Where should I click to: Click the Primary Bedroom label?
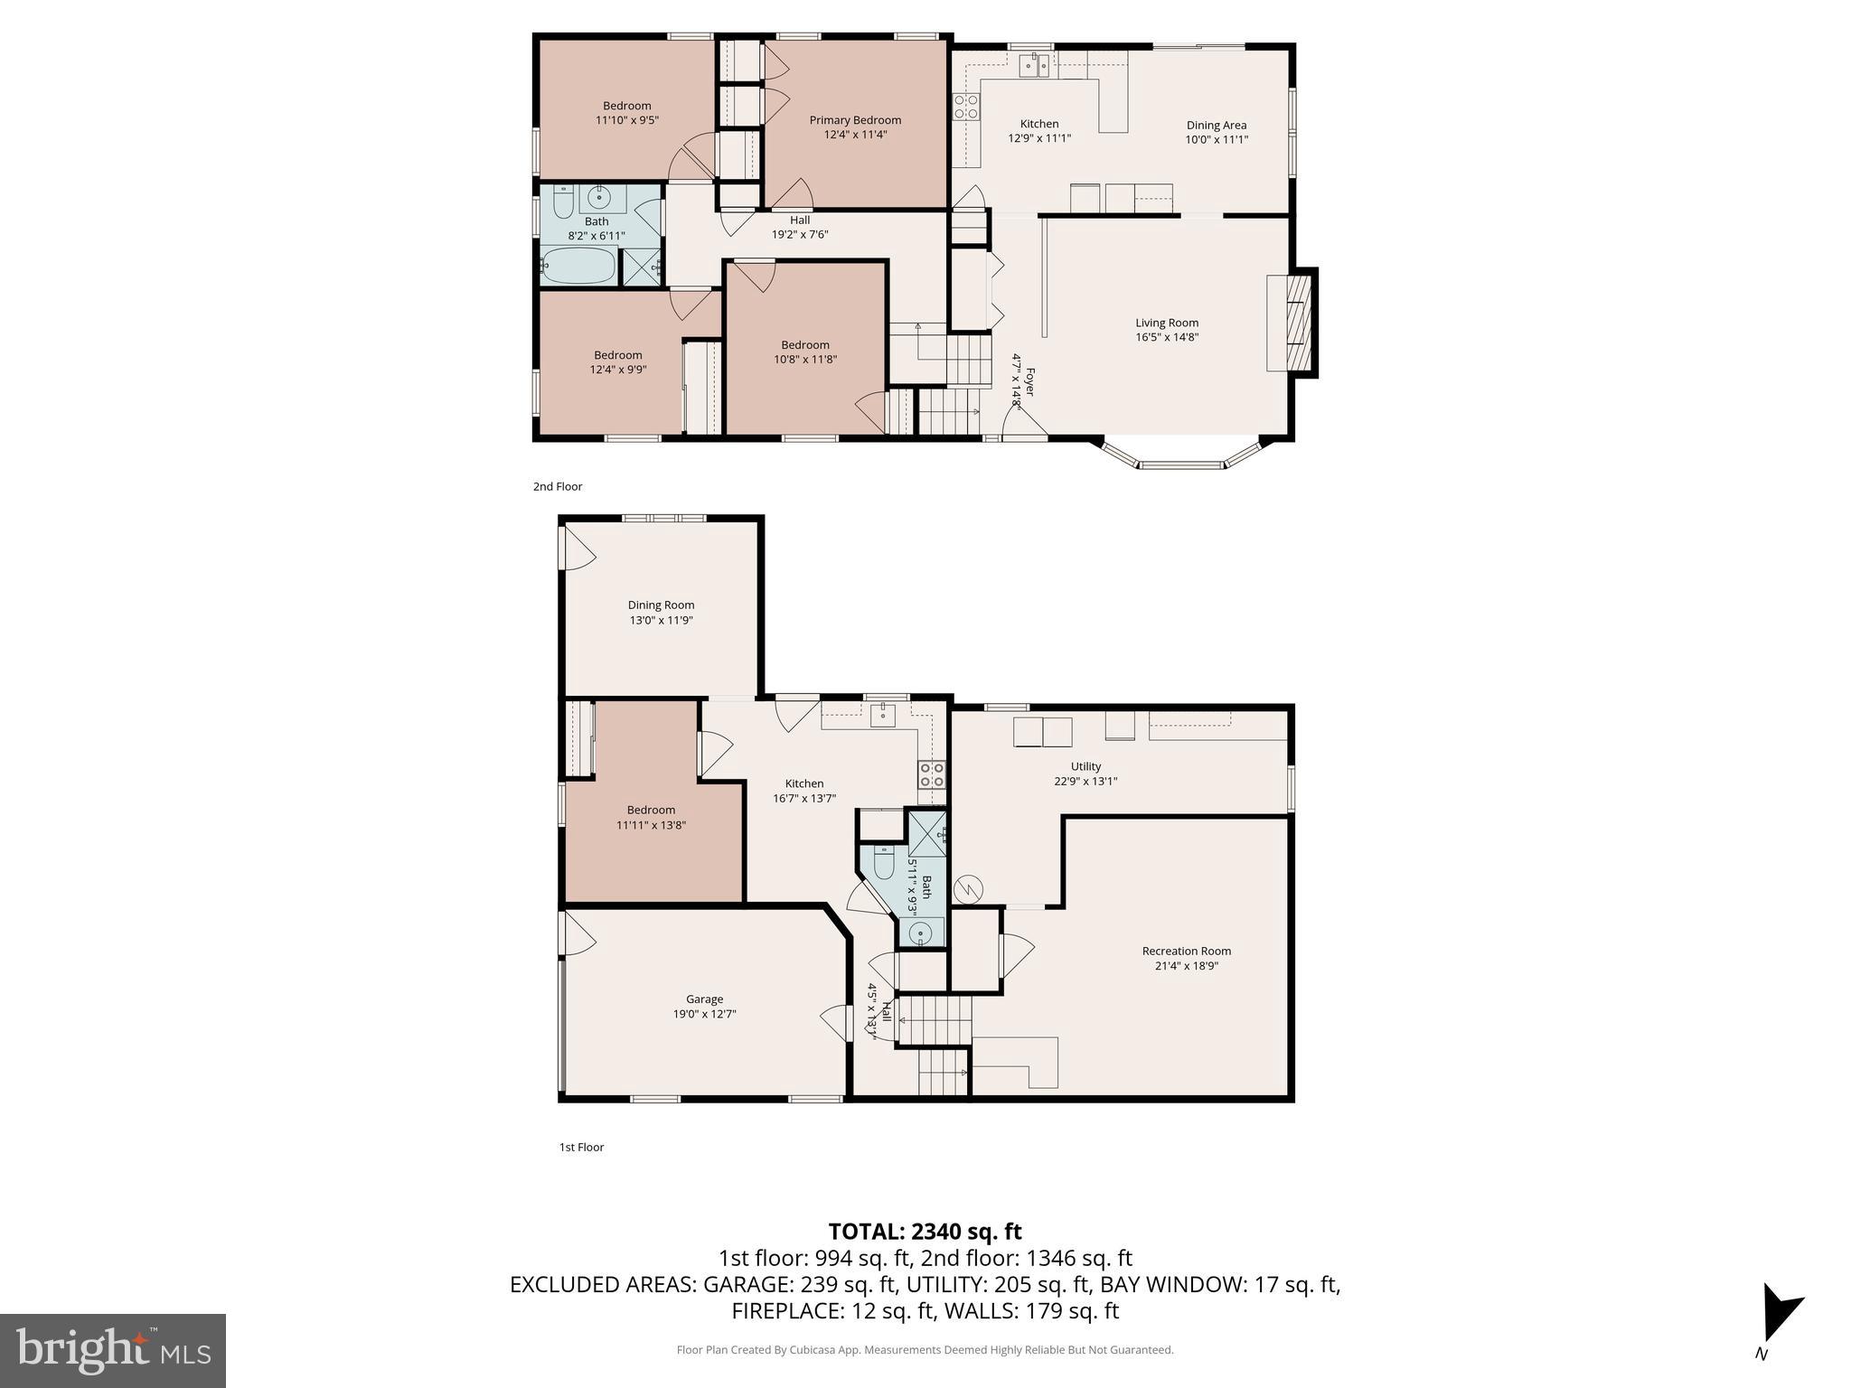855,120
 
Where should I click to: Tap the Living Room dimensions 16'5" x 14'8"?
1167,338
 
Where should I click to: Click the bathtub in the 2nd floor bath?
578,266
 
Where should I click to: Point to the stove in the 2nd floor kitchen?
966,108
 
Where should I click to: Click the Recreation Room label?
1186,951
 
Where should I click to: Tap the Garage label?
704,999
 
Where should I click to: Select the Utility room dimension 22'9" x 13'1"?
1085,782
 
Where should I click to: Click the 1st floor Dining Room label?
661,605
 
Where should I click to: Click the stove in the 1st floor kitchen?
932,774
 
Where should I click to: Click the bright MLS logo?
113,1350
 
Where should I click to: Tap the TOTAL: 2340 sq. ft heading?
925,1232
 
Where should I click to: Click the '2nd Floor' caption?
558,487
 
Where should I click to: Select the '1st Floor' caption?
581,1148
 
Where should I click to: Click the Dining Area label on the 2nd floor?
1216,126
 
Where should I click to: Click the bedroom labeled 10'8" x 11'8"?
804,352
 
